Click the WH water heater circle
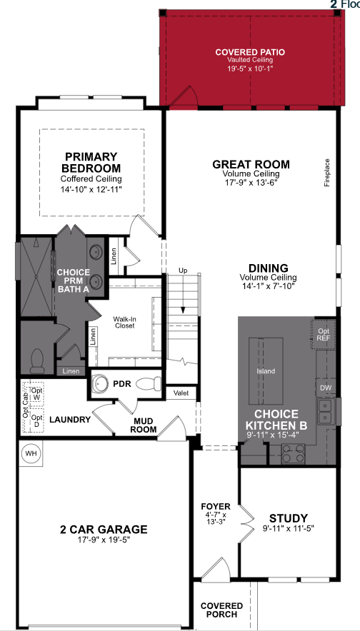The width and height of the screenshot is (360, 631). coord(31,453)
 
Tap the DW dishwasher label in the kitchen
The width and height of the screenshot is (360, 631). coord(326,388)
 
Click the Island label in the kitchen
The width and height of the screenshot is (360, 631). coord(266,371)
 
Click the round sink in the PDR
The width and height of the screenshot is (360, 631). coord(101,384)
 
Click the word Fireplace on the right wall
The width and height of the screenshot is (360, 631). coord(328,172)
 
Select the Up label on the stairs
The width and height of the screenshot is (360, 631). coord(183,271)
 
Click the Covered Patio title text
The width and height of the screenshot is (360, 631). coord(250,52)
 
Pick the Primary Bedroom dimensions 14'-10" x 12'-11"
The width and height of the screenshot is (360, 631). coord(91,189)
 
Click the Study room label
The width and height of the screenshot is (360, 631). coord(288,518)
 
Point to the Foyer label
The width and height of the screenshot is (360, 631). coord(215,508)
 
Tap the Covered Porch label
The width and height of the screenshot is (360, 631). coord(221,610)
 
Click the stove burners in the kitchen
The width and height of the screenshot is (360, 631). coord(293,451)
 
